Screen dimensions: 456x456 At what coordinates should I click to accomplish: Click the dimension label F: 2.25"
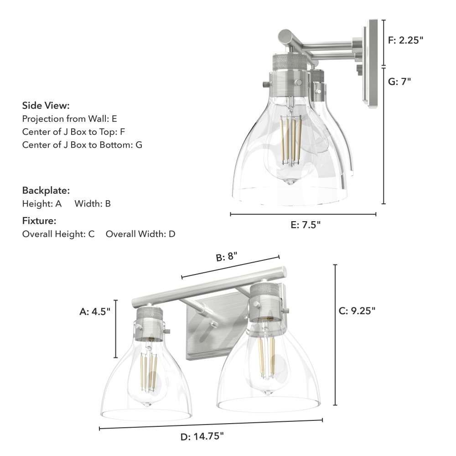point(405,40)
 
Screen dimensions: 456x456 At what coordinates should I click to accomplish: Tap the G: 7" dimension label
point(399,82)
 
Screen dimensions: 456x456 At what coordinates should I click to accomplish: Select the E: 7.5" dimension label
point(306,225)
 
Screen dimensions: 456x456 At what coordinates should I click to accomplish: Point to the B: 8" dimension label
point(227,256)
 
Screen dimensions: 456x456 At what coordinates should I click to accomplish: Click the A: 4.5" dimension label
point(95,311)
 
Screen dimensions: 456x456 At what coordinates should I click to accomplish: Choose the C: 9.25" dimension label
point(357,311)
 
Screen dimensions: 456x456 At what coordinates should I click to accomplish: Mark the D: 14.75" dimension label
point(202,436)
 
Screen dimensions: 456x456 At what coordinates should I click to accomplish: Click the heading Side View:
point(46,106)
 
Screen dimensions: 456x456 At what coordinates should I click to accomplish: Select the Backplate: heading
point(46,191)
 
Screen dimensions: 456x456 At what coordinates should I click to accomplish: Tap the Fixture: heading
point(39,221)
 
